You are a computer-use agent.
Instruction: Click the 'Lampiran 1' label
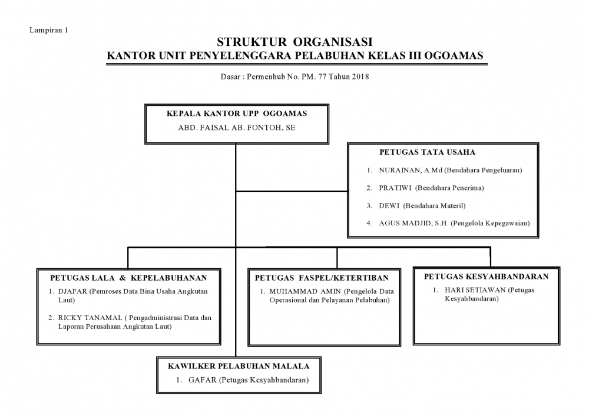coord(48,31)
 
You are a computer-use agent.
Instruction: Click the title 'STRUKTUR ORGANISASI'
coord(294,42)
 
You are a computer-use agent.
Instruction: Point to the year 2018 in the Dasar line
coord(360,77)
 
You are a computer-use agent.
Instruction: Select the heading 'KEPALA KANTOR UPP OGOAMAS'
coord(237,114)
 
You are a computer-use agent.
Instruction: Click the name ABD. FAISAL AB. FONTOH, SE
coord(237,128)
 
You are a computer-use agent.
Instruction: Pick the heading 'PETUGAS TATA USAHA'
coord(427,152)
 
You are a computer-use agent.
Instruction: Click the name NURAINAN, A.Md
coord(411,170)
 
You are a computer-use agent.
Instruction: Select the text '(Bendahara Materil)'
coord(434,206)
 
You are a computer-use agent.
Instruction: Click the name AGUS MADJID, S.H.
coord(413,224)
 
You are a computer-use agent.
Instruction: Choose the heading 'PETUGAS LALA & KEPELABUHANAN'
coord(128,278)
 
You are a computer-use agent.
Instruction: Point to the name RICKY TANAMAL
coord(90,318)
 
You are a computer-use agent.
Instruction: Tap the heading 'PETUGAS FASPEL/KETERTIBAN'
coord(322,278)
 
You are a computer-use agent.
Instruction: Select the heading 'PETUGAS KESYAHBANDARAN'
coord(486,277)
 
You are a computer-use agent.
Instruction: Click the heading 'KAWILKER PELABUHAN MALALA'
coord(239,367)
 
